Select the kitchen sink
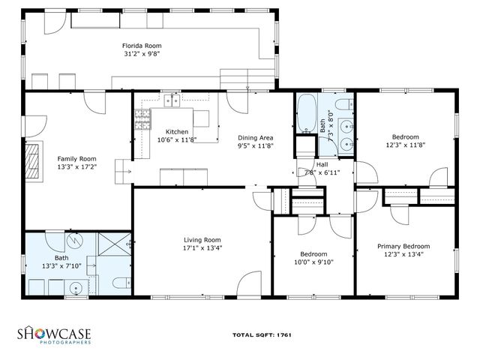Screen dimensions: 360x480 (x=172, y=100)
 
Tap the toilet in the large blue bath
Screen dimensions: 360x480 (x=120, y=283)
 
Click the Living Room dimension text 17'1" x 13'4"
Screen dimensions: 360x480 (x=202, y=248)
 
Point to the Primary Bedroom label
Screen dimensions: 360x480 (x=403, y=246)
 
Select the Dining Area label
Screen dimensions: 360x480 (x=255, y=138)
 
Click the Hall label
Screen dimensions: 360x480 (x=322, y=164)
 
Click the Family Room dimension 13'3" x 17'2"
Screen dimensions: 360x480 (x=77, y=167)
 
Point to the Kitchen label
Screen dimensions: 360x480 (x=177, y=130)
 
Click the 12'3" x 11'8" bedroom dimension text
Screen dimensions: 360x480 (x=405, y=145)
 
